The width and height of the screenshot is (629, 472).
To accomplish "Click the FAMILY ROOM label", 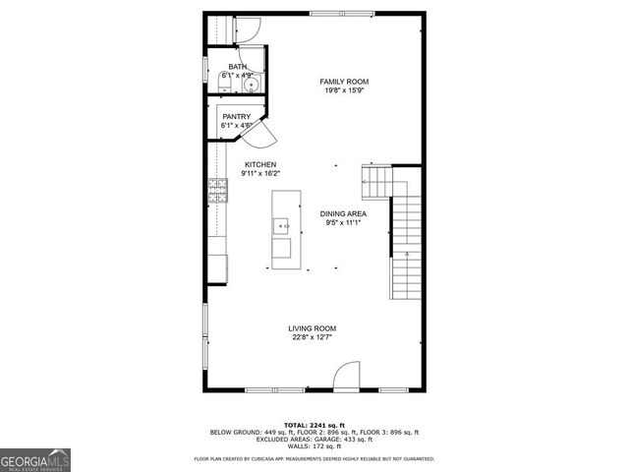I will coord(336,81).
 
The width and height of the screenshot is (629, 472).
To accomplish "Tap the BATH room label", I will coord(238,67).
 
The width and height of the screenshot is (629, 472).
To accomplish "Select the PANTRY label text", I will coord(238,116).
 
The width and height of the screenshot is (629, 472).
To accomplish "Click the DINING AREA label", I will coord(343,213).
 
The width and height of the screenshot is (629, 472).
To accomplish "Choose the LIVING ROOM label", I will coord(313,328).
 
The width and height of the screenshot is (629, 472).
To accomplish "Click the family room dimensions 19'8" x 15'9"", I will coord(336,90).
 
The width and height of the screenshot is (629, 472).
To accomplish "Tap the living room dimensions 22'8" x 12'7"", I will coord(313,337).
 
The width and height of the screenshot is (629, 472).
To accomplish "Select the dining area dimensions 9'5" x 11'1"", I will coord(343,222).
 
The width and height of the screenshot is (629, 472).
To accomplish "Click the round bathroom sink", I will coord(252,86).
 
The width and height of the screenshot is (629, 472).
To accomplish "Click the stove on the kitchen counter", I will coord(217,190).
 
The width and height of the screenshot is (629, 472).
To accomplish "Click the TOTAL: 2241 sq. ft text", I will coord(314,424).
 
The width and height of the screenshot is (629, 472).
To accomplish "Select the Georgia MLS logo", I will coord(35,460).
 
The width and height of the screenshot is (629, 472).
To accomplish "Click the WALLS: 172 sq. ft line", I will coord(314,446).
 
